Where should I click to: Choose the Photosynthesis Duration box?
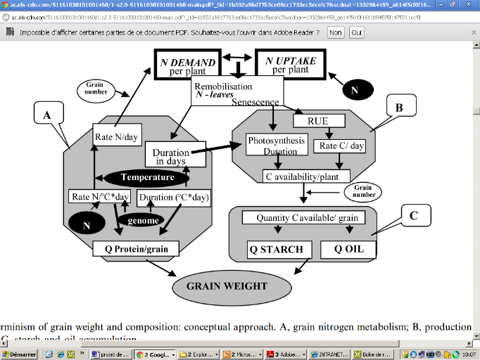click(276, 146)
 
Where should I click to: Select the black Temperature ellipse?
click(147, 177)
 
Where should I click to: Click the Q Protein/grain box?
click(136, 247)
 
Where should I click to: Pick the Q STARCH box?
click(276, 249)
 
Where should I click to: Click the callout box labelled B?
click(399, 108)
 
